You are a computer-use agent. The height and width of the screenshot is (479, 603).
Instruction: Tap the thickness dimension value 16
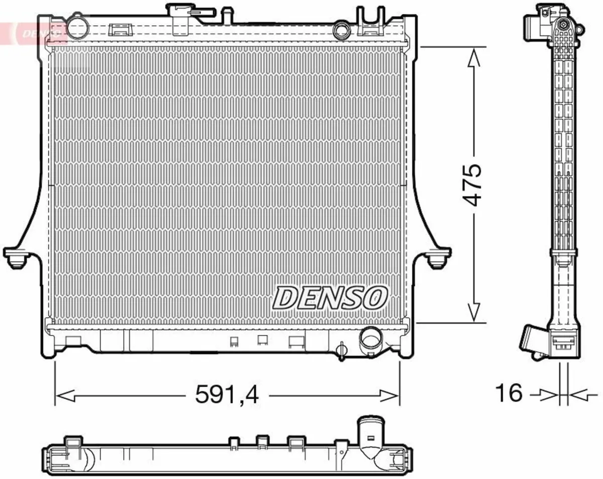[x=509, y=393]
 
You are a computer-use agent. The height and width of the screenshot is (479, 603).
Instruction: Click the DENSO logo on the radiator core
[x=330, y=297]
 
